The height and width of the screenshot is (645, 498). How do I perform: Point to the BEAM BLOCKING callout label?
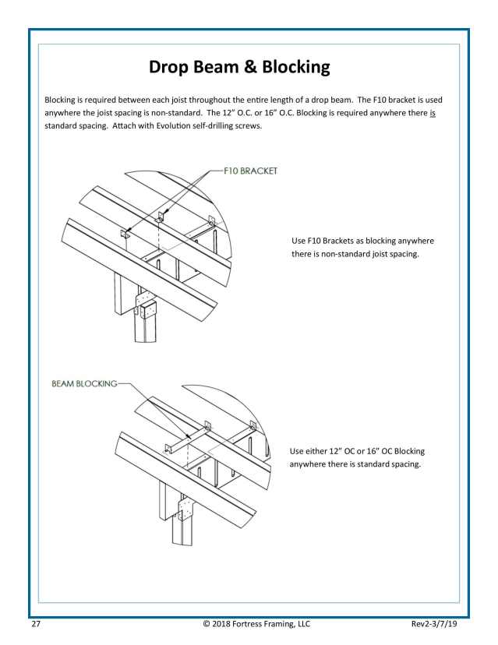(x=84, y=384)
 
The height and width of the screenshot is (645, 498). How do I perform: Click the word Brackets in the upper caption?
(x=340, y=241)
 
